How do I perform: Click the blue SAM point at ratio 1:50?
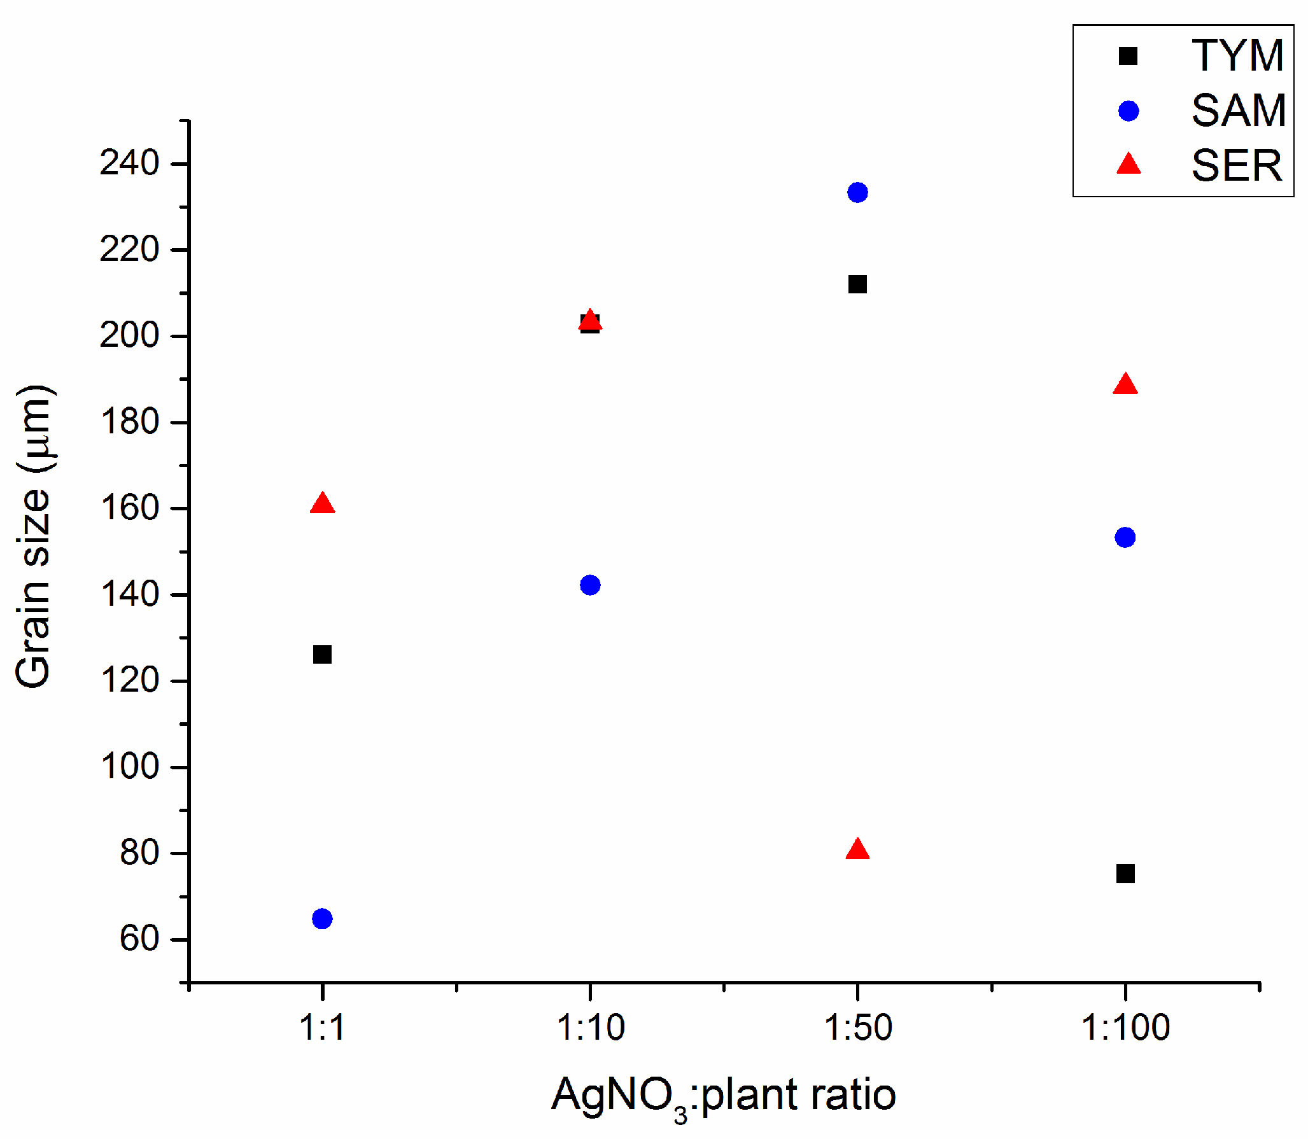point(857,192)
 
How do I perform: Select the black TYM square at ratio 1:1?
point(322,654)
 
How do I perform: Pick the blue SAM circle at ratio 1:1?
point(322,919)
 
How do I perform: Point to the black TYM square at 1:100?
point(1125,874)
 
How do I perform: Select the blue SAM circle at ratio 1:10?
point(590,585)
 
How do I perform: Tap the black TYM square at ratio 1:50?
point(857,284)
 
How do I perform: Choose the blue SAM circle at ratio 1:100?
point(1125,537)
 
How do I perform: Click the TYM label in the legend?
point(1237,56)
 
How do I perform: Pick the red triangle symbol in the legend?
point(1129,165)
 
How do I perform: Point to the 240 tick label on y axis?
point(129,163)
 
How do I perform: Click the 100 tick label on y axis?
point(129,766)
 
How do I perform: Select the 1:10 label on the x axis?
point(590,1028)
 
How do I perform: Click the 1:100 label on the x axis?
point(1125,1028)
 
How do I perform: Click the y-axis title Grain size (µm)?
point(33,536)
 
